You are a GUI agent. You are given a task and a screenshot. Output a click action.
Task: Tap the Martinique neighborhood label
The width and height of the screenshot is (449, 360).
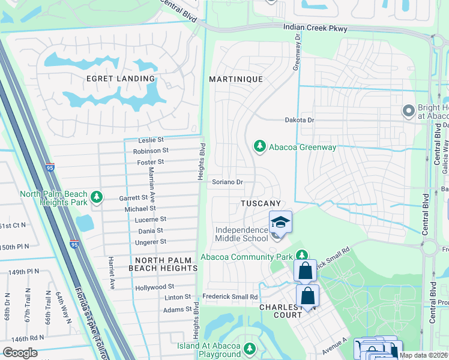coord(235,79)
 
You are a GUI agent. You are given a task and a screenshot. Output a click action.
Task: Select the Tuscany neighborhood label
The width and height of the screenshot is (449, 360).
coord(261,204)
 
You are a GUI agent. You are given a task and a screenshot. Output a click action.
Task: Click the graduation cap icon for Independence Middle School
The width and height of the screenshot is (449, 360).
coord(280,222)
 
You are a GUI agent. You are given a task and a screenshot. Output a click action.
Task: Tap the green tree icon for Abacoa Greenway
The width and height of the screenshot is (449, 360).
coord(259,146)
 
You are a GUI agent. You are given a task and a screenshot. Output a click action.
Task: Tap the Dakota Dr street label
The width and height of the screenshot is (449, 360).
coord(299,120)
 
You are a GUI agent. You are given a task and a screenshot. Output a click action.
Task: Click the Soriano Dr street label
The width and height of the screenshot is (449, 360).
coord(227,182)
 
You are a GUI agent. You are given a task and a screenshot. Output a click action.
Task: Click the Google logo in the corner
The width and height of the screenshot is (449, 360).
coord(20,353)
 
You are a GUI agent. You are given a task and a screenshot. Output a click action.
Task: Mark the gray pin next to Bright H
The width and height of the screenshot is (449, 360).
coord(408,110)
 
